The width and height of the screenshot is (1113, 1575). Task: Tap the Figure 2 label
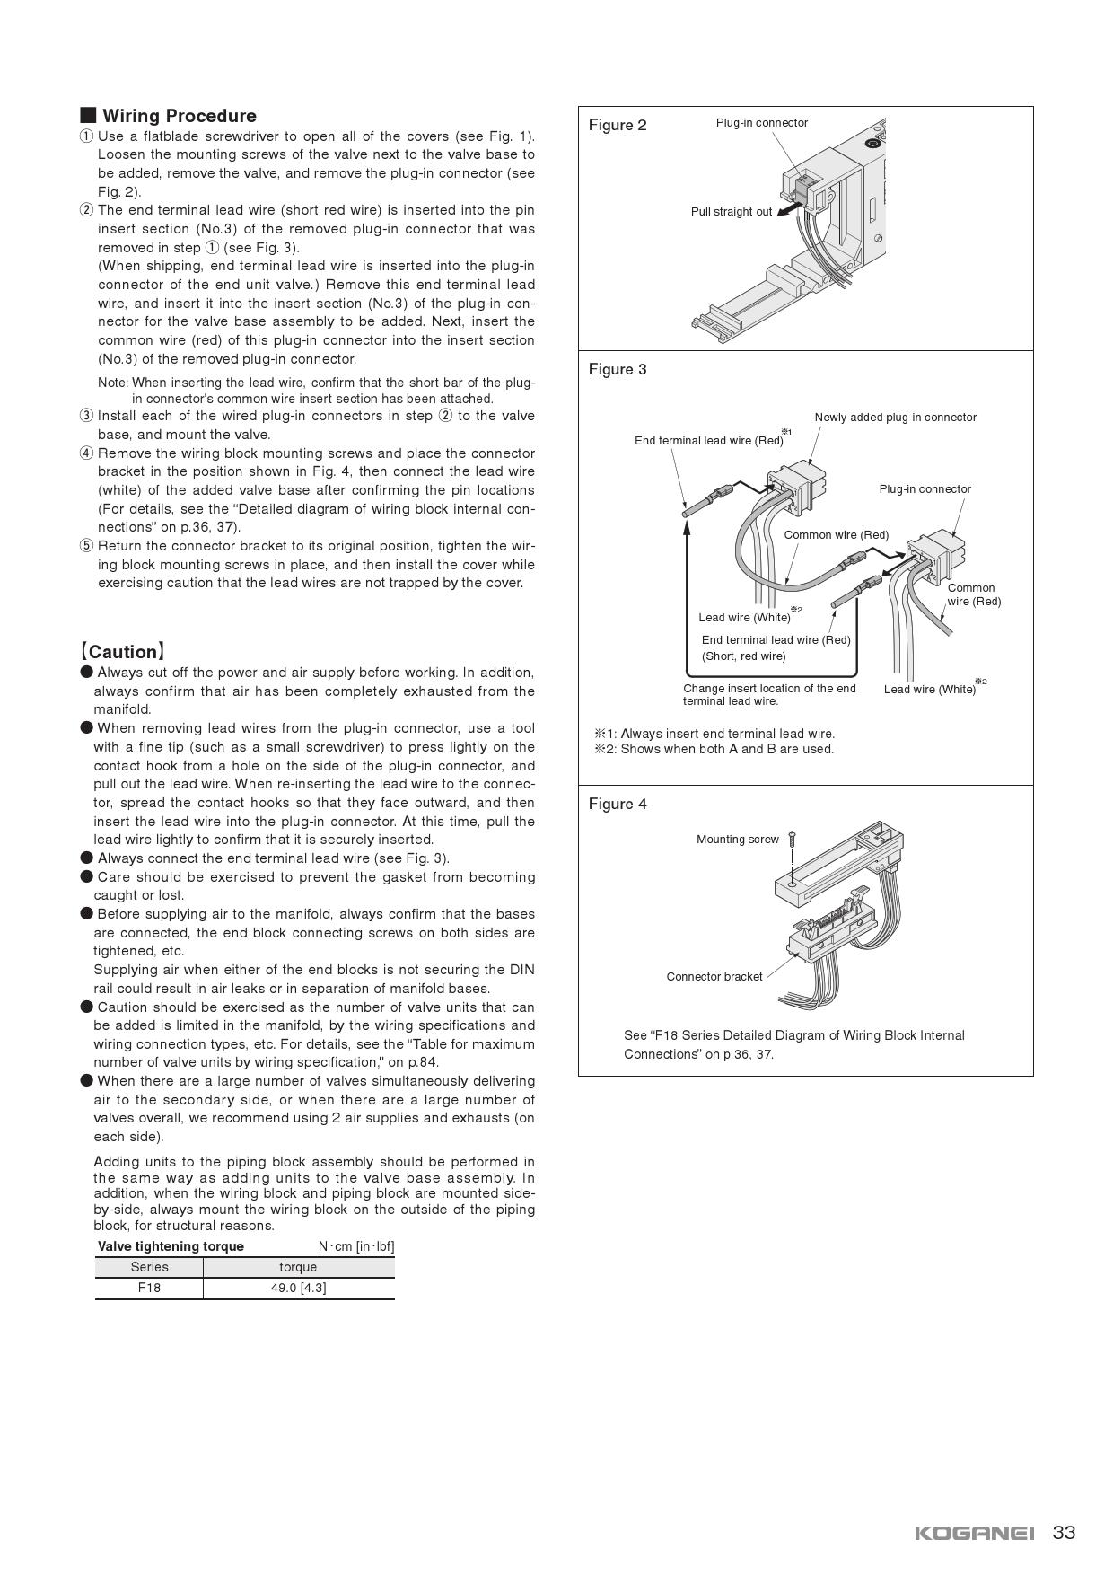pyautogui.click(x=618, y=125)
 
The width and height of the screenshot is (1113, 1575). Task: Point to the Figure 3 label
pyautogui.click(x=618, y=369)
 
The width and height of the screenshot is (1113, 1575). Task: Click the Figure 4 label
pyautogui.click(x=618, y=804)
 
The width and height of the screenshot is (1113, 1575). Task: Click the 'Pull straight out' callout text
pyautogui.click(x=731, y=212)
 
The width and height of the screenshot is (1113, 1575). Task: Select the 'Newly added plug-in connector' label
pyautogui.click(x=895, y=417)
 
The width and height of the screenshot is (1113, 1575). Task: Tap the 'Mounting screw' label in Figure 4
pyautogui.click(x=737, y=840)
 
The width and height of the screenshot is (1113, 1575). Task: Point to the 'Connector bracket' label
pyautogui.click(x=714, y=976)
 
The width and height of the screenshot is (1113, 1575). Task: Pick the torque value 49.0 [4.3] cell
pyautogui.click(x=298, y=1288)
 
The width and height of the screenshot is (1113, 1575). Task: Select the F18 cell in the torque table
pyautogui.click(x=149, y=1288)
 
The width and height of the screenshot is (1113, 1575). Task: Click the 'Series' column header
pyautogui.click(x=149, y=1267)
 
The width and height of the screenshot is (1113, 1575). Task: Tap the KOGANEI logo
pyautogui.click(x=974, y=1533)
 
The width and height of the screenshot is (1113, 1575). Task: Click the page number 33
pyautogui.click(x=1064, y=1533)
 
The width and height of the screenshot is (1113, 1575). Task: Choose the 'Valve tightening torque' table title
pyautogui.click(x=171, y=1246)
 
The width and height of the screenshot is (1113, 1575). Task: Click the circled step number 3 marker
pyautogui.click(x=86, y=416)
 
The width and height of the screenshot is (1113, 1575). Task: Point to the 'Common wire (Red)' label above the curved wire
pyautogui.click(x=836, y=535)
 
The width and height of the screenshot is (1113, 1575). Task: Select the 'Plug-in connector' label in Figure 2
pyautogui.click(x=761, y=123)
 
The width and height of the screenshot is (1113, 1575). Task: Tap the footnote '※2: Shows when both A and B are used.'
pyautogui.click(x=714, y=749)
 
